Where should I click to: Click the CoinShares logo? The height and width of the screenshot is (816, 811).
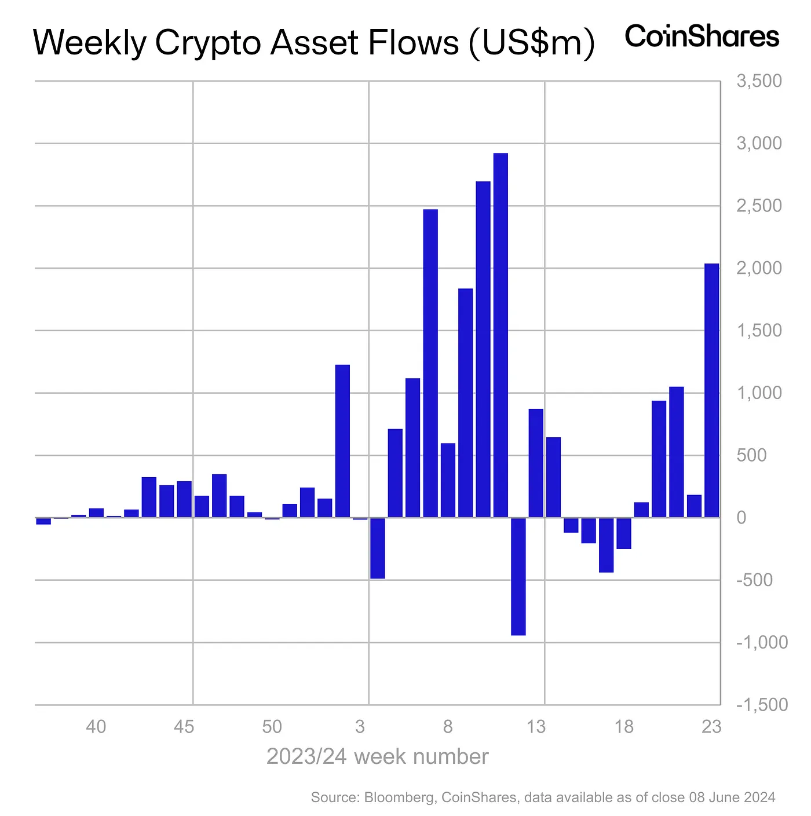[702, 36]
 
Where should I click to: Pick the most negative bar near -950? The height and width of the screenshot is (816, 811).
[518, 576]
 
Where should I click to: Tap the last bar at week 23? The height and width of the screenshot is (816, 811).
[711, 390]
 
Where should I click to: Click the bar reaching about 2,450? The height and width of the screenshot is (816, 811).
[430, 363]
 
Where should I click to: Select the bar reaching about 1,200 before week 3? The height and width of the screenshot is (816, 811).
[342, 441]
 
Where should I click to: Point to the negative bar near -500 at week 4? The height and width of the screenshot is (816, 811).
[378, 548]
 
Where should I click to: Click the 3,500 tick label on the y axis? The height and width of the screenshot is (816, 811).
[759, 81]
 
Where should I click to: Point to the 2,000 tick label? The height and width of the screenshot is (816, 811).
[759, 268]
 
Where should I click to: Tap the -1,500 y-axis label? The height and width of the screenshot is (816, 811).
[762, 705]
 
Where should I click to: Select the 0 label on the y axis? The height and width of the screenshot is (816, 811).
[741, 518]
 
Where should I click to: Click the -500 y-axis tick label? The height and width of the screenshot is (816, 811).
[754, 580]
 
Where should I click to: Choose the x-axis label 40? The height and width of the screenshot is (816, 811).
[96, 726]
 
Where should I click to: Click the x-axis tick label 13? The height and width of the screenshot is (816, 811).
[536, 726]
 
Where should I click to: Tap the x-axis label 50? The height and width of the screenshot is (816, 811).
[272, 726]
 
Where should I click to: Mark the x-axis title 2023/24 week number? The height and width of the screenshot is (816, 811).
[377, 757]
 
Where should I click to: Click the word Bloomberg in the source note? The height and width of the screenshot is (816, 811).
[399, 797]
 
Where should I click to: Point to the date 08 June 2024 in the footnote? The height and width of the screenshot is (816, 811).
[732, 797]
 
